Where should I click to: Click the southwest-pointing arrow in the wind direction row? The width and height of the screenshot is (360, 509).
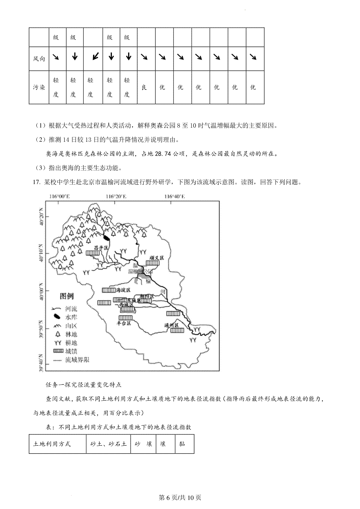coord(95,56)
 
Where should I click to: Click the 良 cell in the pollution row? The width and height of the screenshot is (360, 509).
coord(144,87)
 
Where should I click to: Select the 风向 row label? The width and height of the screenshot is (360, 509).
coord(39,58)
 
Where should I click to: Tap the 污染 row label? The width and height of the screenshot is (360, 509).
coord(39,87)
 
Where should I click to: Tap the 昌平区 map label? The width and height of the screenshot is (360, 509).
coord(100,248)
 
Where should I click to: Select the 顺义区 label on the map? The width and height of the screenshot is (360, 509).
coord(157,258)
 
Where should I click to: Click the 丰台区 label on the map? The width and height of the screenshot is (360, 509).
coord(124,323)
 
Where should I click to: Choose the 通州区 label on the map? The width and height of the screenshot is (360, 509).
coord(171,325)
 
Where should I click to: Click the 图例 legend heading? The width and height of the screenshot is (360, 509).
coord(67,296)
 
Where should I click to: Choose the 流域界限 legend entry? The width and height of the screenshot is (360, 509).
coord(77,360)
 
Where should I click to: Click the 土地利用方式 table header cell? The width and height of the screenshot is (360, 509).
coord(52,444)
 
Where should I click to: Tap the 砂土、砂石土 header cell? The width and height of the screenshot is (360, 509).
coord(108,444)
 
